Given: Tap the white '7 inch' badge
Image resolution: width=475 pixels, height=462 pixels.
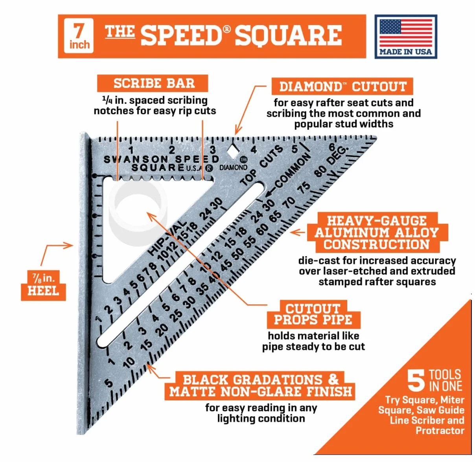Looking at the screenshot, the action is click(79, 36).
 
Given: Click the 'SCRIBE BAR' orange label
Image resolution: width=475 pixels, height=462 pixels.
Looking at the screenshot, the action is click(153, 83).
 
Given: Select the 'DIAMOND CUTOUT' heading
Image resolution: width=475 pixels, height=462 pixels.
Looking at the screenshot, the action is click(342, 86).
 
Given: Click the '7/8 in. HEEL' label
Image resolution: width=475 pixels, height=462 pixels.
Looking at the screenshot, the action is click(43, 285).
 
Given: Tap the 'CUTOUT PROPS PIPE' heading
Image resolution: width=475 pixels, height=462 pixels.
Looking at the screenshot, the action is click(313, 314).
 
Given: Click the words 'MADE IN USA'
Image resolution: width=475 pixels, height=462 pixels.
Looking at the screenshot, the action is click(406, 52).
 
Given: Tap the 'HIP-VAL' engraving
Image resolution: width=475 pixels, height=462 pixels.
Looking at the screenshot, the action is click(168, 238).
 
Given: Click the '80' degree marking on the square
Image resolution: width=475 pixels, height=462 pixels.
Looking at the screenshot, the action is click(320, 171).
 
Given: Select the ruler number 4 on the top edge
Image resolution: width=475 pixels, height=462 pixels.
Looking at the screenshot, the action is click(254, 150).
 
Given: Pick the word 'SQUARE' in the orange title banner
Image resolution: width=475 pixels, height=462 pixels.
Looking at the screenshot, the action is click(288, 35).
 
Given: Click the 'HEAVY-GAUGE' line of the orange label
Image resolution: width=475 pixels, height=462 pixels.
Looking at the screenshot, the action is click(377, 220).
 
